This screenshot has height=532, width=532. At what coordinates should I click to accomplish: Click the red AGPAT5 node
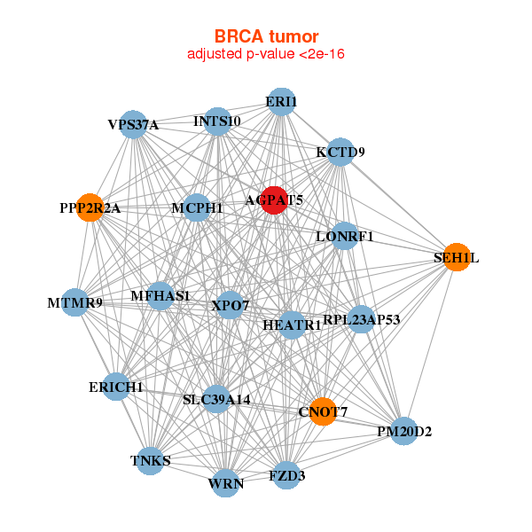coord(275,200)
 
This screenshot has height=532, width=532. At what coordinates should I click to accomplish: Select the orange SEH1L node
coord(456,257)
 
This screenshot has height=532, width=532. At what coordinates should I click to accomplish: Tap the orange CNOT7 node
coord(323,411)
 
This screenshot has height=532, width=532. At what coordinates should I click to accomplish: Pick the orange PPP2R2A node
coord(90,208)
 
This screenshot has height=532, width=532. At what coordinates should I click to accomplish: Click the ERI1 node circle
coord(281,102)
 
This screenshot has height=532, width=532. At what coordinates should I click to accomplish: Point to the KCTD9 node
coord(340,153)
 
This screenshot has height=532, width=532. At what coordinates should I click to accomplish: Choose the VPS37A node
coord(134,124)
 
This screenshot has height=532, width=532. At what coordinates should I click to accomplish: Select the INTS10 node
coord(217,121)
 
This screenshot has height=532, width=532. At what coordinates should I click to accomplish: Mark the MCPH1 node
coord(197,207)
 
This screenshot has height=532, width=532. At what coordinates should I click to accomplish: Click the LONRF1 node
coord(345,237)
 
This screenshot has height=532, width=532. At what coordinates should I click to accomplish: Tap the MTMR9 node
coord(75,303)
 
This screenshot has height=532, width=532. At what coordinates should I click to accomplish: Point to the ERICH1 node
coord(116,387)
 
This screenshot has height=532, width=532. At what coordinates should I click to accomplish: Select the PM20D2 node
coord(403,431)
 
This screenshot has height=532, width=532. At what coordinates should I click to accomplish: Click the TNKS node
coord(151,460)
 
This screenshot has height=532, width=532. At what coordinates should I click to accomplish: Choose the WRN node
coord(226,483)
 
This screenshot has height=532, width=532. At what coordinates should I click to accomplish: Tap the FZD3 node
coord(286,476)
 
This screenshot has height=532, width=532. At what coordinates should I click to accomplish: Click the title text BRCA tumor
coord(266,36)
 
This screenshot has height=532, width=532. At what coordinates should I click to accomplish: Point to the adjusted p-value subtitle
coord(266,54)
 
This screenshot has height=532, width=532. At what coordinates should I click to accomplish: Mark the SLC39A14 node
coord(216,400)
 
